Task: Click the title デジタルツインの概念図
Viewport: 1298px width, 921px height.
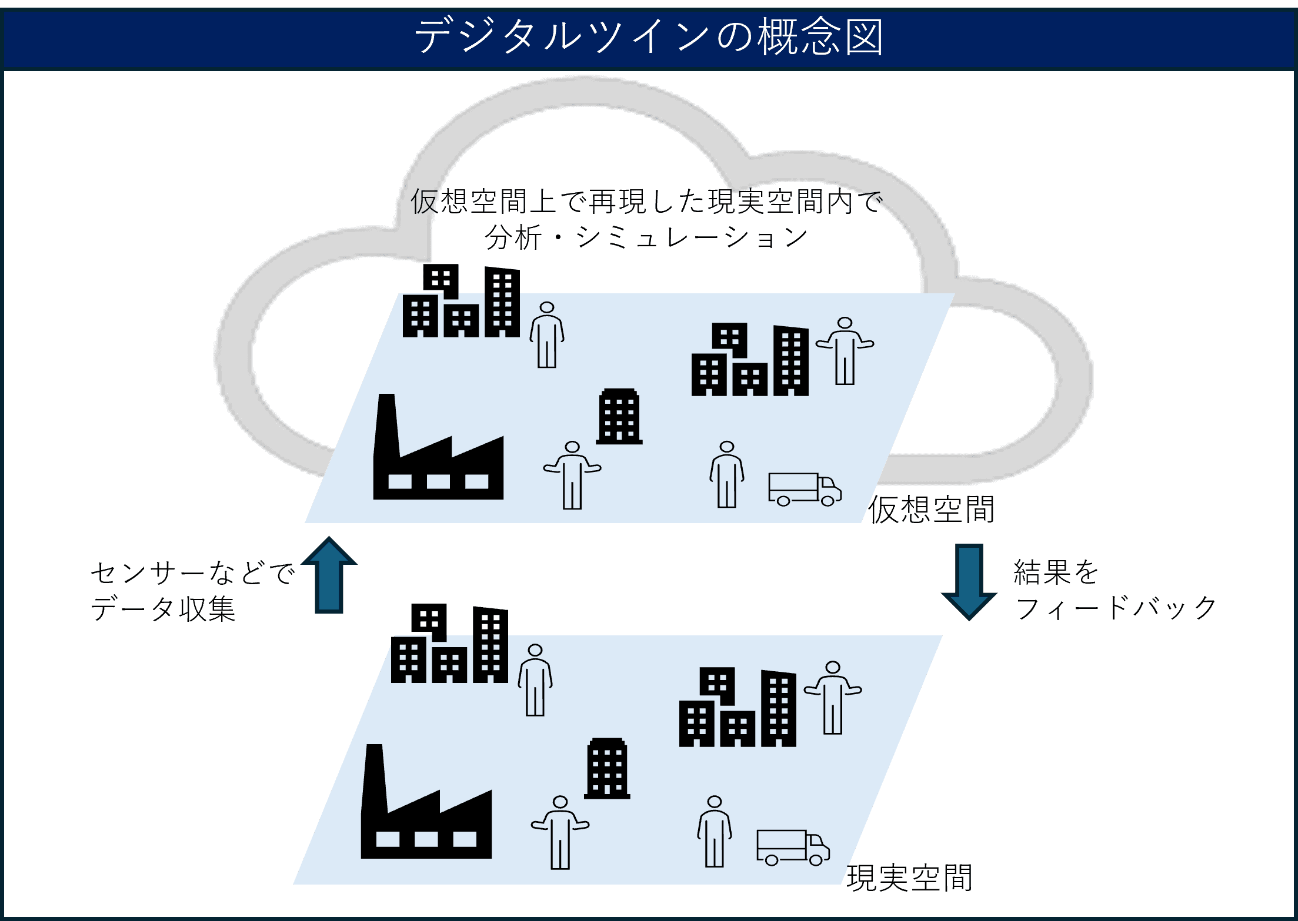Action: (x=649, y=36)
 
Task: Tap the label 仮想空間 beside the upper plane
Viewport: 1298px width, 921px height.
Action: (x=932, y=510)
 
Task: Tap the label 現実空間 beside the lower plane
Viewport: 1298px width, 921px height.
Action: (x=909, y=878)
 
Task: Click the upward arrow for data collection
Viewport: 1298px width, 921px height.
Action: (x=329, y=576)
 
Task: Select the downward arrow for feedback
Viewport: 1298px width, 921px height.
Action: (x=969, y=581)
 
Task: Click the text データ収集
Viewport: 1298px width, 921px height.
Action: (x=163, y=609)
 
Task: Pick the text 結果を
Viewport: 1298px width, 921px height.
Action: (x=1056, y=572)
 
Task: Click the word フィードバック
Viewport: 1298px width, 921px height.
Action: (x=1116, y=608)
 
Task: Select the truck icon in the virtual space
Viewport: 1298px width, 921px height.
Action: (x=804, y=489)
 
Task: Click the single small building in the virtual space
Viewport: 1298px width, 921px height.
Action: (x=619, y=416)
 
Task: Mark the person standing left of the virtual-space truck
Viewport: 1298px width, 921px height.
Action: (x=727, y=475)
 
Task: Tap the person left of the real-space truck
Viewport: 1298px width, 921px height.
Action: (x=715, y=832)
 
